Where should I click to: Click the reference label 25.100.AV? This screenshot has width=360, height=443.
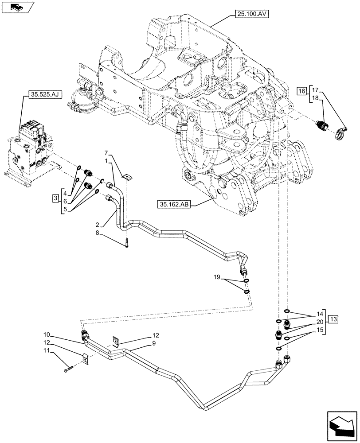coord(250,15)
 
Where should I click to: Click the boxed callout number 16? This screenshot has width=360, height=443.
coord(301,92)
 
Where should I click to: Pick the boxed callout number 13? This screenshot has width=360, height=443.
coord(333,319)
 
